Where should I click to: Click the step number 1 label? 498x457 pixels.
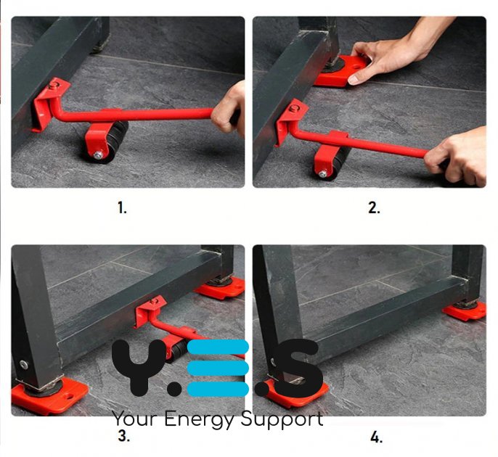click(x=122, y=208)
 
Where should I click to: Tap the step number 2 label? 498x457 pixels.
click(x=374, y=208)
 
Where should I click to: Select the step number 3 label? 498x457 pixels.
click(x=124, y=436)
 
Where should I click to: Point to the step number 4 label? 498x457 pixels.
click(x=376, y=438)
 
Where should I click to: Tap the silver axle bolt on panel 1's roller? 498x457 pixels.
click(x=98, y=155)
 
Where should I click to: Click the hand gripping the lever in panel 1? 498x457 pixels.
click(x=229, y=109)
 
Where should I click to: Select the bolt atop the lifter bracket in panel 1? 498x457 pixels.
click(x=54, y=84)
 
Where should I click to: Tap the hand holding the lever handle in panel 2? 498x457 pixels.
click(x=457, y=155)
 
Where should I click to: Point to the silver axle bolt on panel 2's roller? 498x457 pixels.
click(x=322, y=173)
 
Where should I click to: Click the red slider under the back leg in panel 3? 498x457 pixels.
click(x=221, y=287)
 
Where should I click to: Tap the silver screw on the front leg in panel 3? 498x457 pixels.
click(x=23, y=365)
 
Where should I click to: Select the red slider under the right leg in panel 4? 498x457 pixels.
click(x=465, y=310)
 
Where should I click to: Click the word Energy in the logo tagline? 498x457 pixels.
click(x=200, y=419)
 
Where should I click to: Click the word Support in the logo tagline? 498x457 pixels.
click(x=282, y=419)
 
